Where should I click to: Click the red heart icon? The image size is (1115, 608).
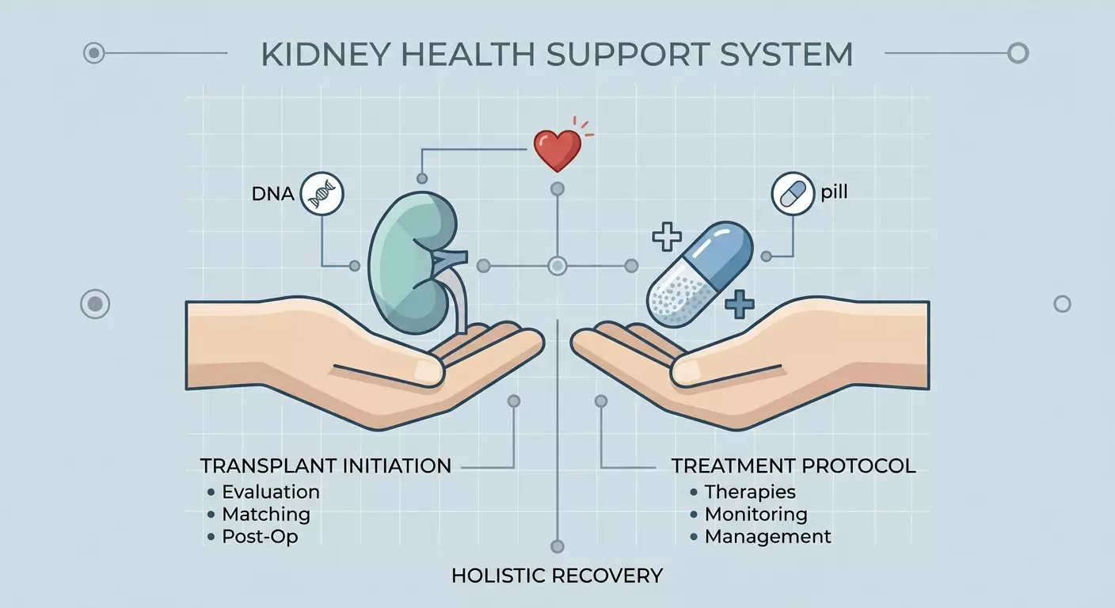(557, 150)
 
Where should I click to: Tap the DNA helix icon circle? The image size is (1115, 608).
(322, 193)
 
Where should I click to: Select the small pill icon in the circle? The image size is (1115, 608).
(793, 193)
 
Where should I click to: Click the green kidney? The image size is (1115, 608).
(412, 262)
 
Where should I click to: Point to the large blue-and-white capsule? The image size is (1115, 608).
(700, 274)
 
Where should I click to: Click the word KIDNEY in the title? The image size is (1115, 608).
(325, 55)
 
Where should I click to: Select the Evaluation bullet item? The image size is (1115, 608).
(264, 492)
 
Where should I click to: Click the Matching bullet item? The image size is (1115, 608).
(259, 515)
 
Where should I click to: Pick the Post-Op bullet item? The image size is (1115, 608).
(253, 536)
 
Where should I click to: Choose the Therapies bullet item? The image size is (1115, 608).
(743, 492)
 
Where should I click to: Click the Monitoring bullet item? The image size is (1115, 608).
(749, 515)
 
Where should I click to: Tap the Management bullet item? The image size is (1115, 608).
(760, 536)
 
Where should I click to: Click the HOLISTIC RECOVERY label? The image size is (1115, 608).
(557, 576)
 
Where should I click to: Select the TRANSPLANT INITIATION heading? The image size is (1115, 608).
(325, 466)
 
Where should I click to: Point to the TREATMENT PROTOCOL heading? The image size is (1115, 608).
(793, 466)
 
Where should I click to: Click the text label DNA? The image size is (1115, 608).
(272, 194)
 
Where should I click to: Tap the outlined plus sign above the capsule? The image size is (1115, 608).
(667, 237)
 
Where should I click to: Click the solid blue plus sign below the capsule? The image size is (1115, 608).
(739, 304)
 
